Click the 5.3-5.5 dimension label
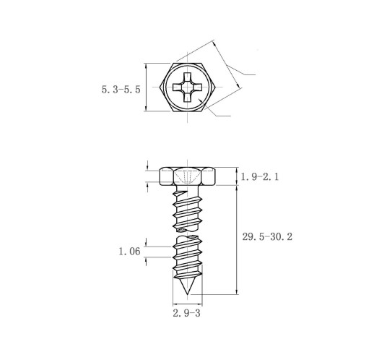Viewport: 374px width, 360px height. click(x=121, y=90)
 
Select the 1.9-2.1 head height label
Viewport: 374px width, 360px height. click(x=260, y=177)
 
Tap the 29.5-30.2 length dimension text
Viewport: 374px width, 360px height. click(x=267, y=236)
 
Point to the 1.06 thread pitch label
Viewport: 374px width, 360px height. click(x=129, y=252)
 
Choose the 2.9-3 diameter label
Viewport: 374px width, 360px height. click(x=186, y=313)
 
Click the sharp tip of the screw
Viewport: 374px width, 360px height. click(x=188, y=294)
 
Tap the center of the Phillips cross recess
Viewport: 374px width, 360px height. click(x=187, y=87)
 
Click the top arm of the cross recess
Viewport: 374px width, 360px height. click(x=187, y=77)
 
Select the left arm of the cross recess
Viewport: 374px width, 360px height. click(x=178, y=87)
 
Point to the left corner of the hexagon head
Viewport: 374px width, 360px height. click(x=160, y=87)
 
